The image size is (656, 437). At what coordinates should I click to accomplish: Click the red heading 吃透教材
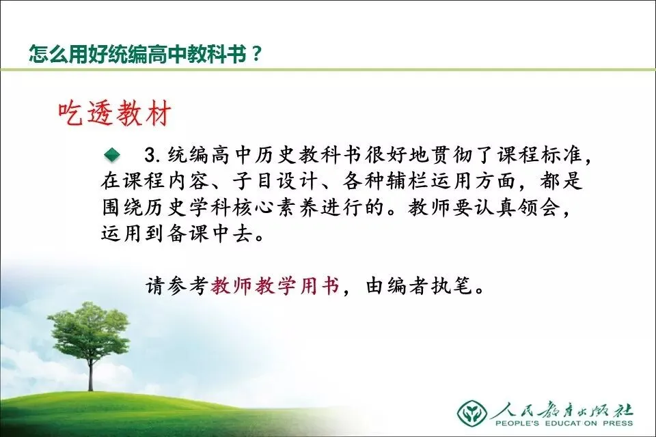(115, 113)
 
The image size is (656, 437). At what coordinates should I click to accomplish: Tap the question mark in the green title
(256, 54)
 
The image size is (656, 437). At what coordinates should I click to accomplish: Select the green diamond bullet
(112, 155)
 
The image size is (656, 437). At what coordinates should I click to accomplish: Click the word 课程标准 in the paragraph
(540, 155)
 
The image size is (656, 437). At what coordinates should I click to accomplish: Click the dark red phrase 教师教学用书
(275, 287)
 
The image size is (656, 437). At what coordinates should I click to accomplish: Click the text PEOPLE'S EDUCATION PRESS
(564, 423)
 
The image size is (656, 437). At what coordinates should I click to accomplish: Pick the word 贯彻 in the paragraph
(452, 155)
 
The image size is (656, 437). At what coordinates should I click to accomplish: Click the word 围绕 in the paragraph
(122, 208)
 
